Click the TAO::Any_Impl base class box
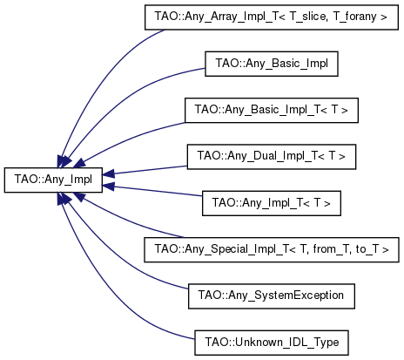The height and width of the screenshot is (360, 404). coord(53,180)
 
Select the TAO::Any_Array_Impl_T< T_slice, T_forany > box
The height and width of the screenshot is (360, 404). coord(272,17)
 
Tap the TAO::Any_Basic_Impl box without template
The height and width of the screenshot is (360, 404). coord(272,64)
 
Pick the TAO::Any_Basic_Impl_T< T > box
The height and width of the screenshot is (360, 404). coord(272,110)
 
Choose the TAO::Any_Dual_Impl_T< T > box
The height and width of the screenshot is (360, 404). coord(272,157)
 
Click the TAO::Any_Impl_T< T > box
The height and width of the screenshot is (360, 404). coord(272,203)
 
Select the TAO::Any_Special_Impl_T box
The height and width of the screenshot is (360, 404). coord(272,249)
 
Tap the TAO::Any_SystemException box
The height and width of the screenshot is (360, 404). coord(272,296)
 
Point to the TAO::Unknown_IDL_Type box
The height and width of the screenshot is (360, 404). coord(272,343)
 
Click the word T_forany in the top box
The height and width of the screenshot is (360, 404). coord(354,17)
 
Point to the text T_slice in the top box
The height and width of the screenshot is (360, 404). coord(307,17)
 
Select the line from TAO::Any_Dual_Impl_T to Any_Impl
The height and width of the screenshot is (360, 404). coord(151,170)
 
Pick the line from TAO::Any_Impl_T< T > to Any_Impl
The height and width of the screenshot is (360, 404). coord(158,191)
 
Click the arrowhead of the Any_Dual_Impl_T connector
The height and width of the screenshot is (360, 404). coord(108,174)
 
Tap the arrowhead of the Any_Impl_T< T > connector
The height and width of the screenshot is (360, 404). coord(108,187)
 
